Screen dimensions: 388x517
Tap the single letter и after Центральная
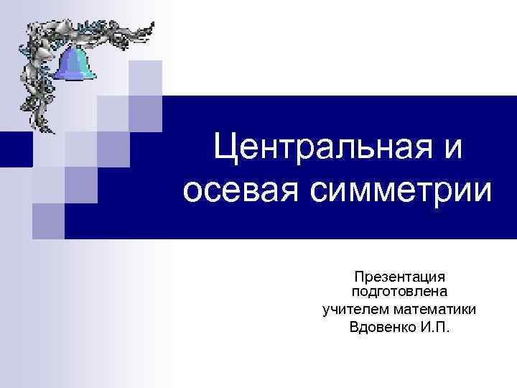click(454, 152)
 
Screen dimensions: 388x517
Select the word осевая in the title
click(240, 193)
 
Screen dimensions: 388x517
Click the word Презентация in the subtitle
click(399, 277)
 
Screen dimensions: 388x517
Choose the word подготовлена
click(399, 292)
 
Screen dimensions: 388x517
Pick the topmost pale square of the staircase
click(146, 78)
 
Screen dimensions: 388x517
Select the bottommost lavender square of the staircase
click(48, 220)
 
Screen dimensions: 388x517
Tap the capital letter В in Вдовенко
click(353, 328)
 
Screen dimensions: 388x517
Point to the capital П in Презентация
click(358, 277)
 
